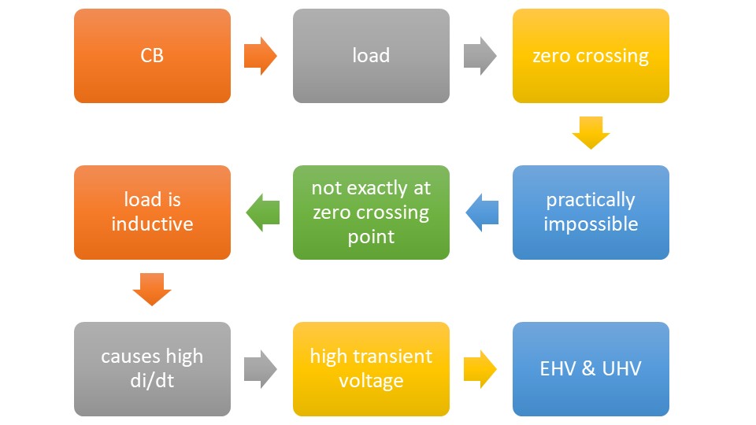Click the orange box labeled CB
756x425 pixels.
(152, 56)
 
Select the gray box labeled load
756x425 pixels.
(371, 56)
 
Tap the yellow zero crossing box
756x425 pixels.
(591, 56)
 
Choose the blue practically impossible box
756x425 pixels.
(591, 213)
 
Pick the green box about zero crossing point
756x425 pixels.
(371, 213)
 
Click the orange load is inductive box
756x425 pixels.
(152, 213)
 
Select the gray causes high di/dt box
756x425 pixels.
(152, 369)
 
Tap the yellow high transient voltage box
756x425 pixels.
(371, 369)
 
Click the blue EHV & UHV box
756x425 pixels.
(591, 369)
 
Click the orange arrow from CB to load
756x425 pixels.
(261, 56)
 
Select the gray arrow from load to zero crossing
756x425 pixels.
(480, 56)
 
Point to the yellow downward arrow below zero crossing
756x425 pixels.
(591, 133)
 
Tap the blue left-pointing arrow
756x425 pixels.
(482, 213)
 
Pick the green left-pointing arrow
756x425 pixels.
(262, 213)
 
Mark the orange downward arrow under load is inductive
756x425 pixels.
(152, 290)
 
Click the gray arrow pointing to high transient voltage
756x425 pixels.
(261, 369)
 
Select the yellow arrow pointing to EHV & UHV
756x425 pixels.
(480, 369)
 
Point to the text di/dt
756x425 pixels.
(152, 381)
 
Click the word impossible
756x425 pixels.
(591, 224)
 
